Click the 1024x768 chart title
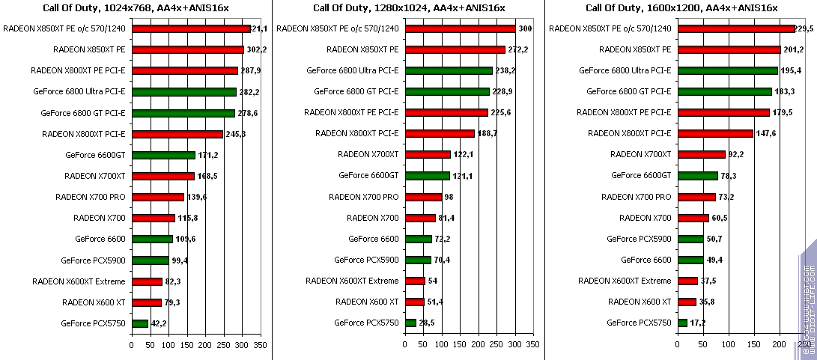(136, 8)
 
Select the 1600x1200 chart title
(681, 8)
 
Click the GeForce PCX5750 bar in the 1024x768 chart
(140, 323)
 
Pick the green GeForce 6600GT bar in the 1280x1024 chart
(427, 176)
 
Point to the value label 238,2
(505, 70)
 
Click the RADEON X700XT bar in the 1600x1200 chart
(702, 155)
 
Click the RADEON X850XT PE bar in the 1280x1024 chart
(455, 50)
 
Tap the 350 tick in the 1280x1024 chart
(532, 346)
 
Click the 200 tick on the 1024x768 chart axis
(205, 346)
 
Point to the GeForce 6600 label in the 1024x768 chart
(100, 239)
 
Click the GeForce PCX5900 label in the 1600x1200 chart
(639, 239)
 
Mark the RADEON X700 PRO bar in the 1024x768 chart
(158, 197)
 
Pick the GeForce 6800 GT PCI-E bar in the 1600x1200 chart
(724, 92)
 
